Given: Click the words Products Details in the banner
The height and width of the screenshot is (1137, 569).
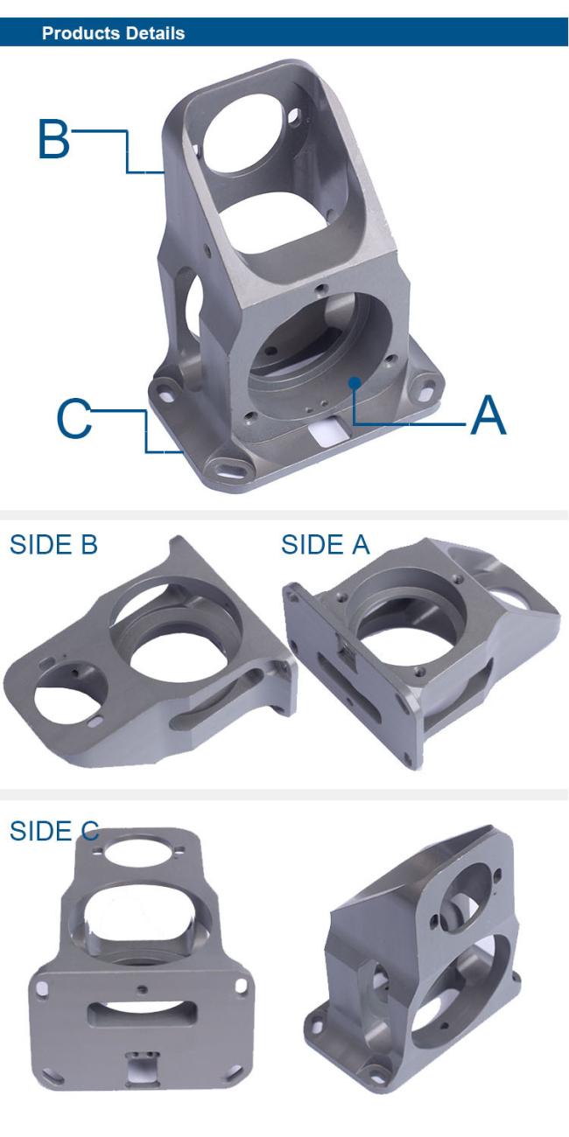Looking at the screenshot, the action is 113,33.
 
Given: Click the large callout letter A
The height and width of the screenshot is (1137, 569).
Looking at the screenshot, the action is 488,415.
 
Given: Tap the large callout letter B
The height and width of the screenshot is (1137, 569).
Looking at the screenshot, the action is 53,138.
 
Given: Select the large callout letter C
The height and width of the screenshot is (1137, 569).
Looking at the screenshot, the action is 74,418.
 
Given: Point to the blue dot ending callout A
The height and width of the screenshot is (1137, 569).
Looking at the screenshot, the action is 355,382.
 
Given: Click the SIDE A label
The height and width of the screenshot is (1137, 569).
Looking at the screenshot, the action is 325,545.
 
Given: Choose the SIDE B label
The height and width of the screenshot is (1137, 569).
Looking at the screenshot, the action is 53,545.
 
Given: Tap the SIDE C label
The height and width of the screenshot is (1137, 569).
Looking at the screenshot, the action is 54,831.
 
